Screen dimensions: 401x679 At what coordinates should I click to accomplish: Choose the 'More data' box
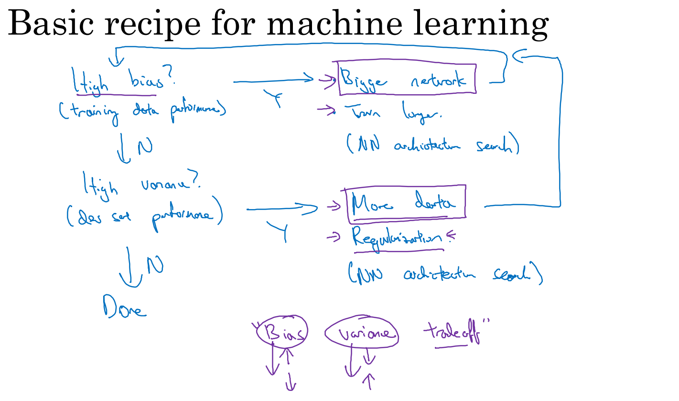[407, 205]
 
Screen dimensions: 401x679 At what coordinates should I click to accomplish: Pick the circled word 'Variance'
[362, 333]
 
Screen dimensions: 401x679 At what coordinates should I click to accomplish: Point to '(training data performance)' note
[142, 111]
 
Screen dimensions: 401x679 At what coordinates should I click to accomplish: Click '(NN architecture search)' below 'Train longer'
[432, 145]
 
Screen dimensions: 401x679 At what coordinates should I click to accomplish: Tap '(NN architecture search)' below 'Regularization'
[444, 275]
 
